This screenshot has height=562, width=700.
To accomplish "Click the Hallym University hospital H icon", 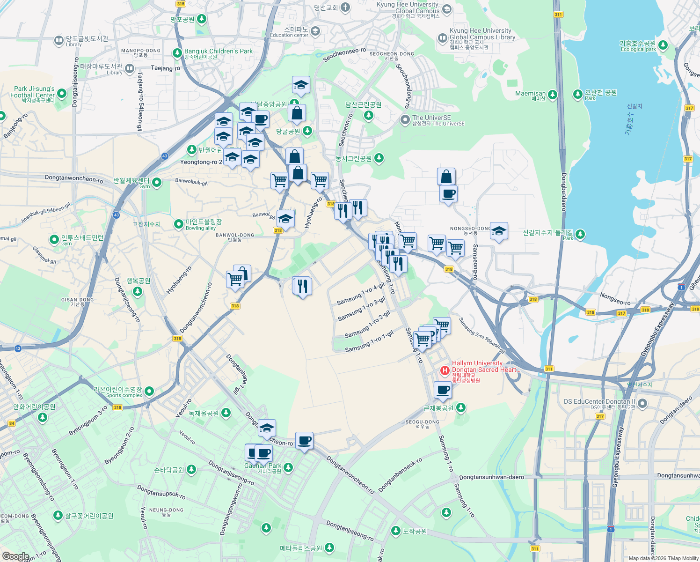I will point(445,370).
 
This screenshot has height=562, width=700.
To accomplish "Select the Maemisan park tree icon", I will point(553,95).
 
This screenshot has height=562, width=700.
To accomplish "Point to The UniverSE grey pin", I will point(405,120).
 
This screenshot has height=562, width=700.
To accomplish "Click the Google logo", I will point(15,556).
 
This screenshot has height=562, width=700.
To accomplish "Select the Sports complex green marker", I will point(149,391).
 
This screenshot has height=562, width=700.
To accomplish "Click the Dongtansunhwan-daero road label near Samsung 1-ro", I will point(491,477).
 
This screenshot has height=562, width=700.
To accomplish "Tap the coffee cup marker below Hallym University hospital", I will point(443,390).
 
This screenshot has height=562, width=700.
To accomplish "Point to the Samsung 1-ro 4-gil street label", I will point(361,294).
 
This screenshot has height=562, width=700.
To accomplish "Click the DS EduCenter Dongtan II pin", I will point(642,403).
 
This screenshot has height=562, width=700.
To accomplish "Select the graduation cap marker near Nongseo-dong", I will point(499,231).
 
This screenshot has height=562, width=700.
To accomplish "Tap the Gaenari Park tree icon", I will point(288,467).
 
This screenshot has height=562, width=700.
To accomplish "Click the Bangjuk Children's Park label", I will point(218,52).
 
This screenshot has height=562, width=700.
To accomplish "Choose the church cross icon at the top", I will point(345,7).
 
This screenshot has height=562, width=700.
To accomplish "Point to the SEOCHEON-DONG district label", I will point(392,54).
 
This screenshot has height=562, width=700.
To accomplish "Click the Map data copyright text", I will point(664,558).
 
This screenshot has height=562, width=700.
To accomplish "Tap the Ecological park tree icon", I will point(663,45).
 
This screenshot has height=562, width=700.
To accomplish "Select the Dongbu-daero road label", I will point(564,192).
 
